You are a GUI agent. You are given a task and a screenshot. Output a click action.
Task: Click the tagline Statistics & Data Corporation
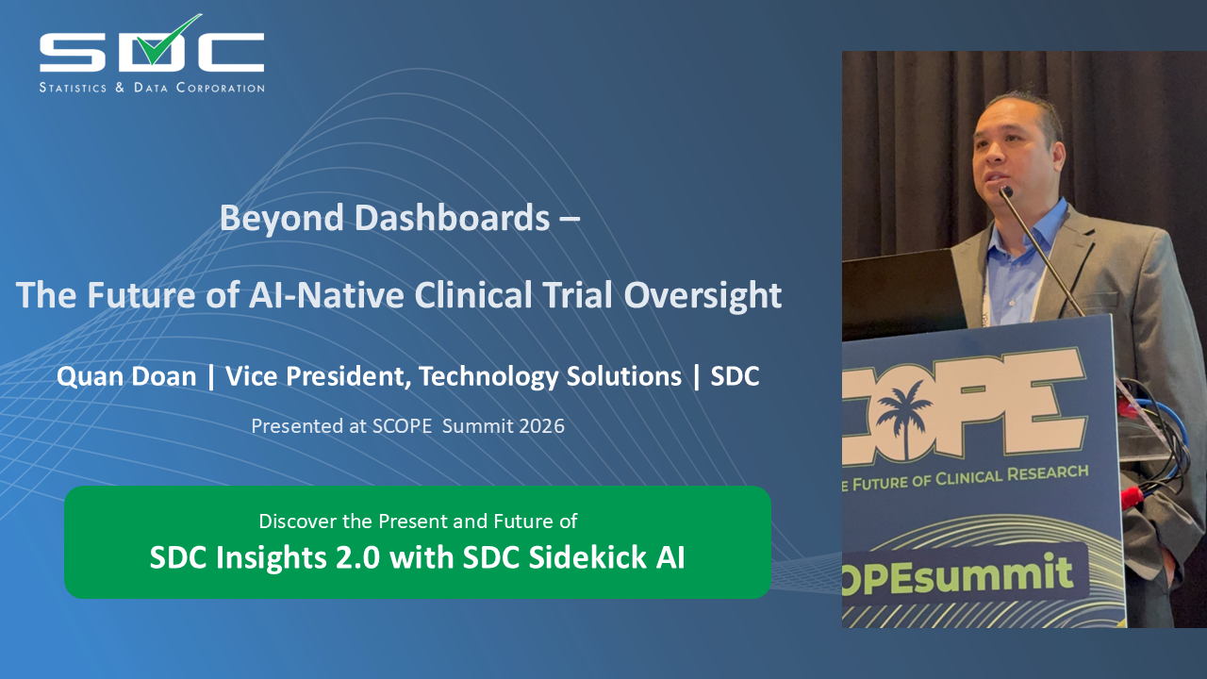(x=152, y=88)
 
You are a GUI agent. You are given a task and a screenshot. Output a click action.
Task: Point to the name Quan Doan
(x=126, y=376)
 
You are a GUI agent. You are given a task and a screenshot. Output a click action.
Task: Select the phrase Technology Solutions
(x=550, y=376)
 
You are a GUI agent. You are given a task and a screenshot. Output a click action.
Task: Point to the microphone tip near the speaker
(x=1006, y=191)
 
